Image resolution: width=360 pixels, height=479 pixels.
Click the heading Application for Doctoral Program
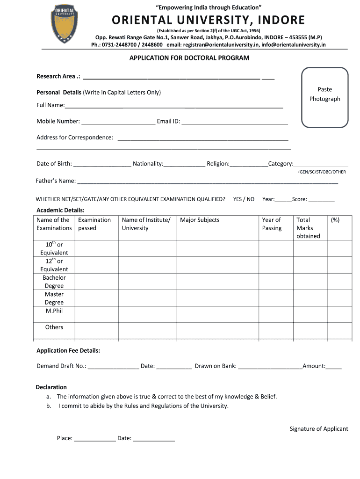(189, 58)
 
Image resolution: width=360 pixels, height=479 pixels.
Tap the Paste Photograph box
(325, 97)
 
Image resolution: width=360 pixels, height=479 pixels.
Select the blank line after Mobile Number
(118, 123)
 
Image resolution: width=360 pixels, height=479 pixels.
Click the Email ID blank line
(235, 123)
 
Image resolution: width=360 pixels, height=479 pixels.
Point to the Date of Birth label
(54, 164)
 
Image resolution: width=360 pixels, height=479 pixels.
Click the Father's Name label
(56, 181)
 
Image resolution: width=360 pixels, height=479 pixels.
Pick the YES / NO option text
(244, 199)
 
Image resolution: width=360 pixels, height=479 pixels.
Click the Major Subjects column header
(200, 220)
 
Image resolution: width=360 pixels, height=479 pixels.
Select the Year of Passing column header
(272, 224)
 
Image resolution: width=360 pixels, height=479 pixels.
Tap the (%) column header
(335, 220)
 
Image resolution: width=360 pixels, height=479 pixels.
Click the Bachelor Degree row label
(54, 282)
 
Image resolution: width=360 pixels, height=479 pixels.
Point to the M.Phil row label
(54, 311)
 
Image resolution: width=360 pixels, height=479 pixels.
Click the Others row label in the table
(54, 327)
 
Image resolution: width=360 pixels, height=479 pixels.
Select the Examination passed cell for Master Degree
(96, 298)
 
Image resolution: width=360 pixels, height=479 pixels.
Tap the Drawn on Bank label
(216, 366)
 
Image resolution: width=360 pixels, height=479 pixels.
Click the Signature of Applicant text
(319, 429)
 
